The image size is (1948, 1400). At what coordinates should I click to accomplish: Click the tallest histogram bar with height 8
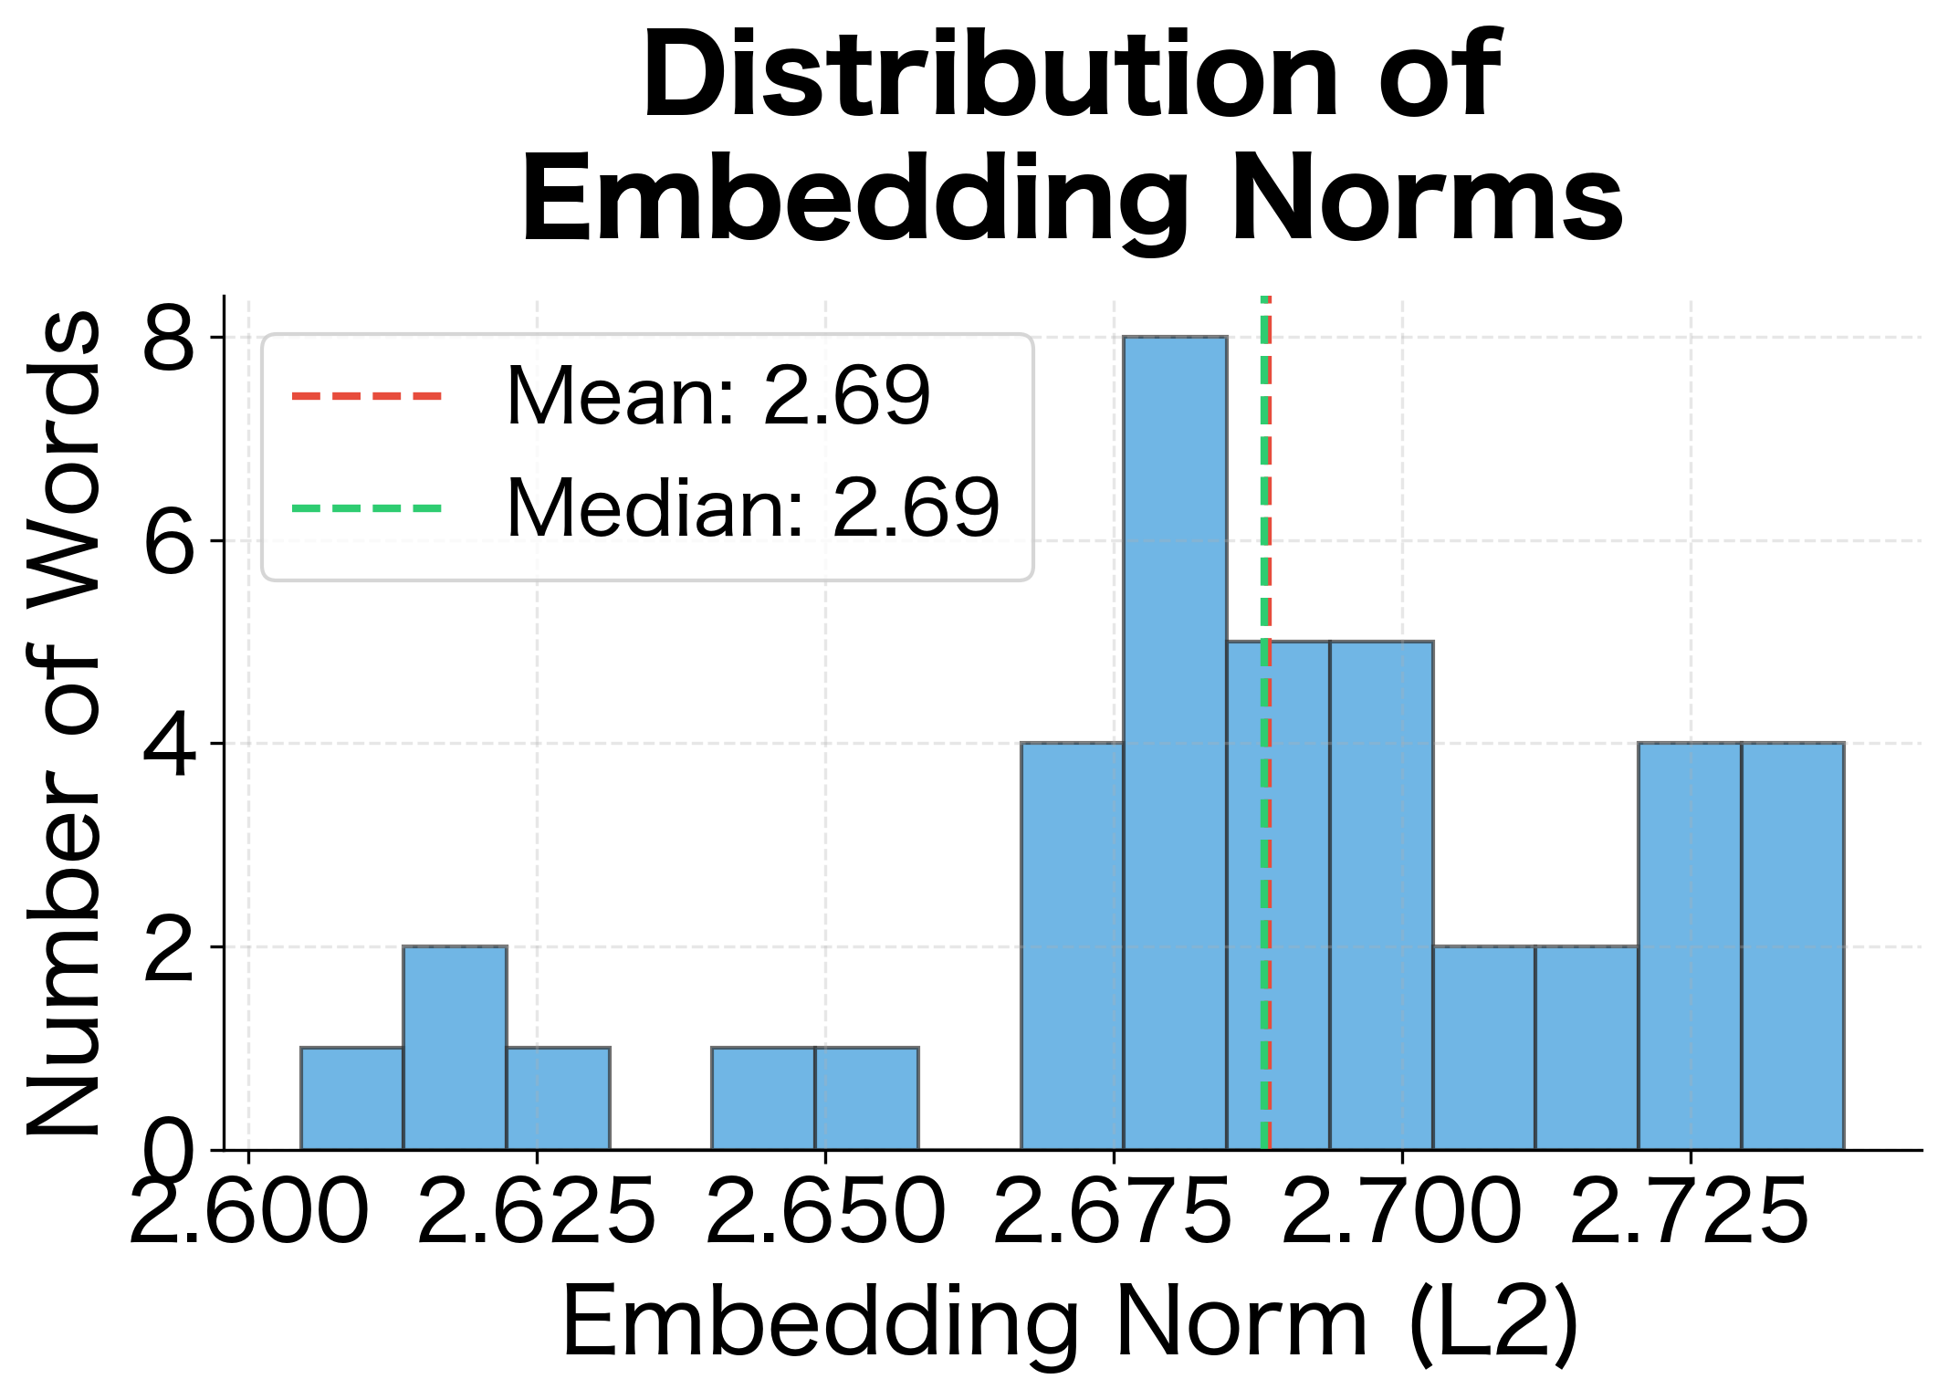(x=1175, y=743)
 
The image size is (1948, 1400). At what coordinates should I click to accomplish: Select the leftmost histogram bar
(x=351, y=1099)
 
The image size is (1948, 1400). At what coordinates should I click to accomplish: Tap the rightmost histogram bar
(x=1792, y=946)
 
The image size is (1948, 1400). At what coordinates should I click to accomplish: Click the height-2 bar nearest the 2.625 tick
(x=455, y=1048)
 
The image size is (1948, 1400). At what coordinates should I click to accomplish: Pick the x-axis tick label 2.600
(x=248, y=1211)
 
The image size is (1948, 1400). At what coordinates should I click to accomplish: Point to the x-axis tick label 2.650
(x=825, y=1211)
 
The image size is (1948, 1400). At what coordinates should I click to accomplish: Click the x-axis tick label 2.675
(x=1114, y=1211)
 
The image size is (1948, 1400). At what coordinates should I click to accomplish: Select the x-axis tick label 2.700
(x=1402, y=1211)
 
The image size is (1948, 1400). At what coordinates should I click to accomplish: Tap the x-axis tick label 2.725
(x=1690, y=1211)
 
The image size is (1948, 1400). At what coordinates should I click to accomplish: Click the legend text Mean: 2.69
(x=718, y=396)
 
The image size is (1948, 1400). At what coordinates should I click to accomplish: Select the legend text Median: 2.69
(x=753, y=508)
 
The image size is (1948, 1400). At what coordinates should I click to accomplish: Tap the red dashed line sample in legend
(x=367, y=396)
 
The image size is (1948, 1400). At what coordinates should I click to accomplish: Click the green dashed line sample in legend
(x=367, y=508)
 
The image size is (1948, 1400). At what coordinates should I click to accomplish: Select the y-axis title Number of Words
(x=64, y=723)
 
